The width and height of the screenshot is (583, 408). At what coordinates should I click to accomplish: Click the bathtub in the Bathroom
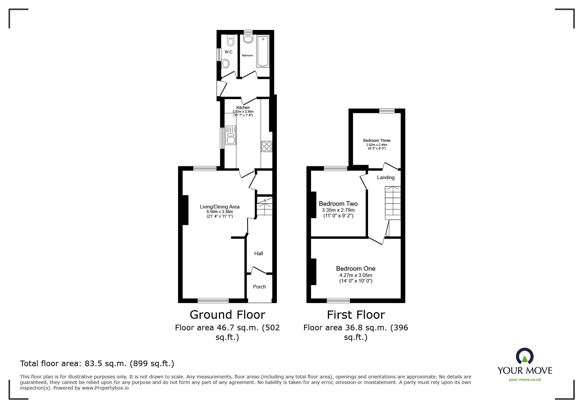pyautogui.click(x=263, y=52)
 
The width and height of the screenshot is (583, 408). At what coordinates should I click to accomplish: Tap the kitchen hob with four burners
pyautogui.click(x=266, y=146)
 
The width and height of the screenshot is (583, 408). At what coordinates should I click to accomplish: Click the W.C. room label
pyautogui.click(x=229, y=52)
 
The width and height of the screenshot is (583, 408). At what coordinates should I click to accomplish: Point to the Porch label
pyautogui.click(x=259, y=287)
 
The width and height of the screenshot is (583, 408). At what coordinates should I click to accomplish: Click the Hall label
pyautogui.click(x=258, y=254)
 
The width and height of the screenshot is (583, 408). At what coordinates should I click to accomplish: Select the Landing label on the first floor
pyautogui.click(x=385, y=177)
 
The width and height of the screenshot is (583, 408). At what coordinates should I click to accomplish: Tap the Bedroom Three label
pyautogui.click(x=377, y=141)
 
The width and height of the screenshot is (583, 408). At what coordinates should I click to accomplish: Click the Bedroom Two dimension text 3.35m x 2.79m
pyautogui.click(x=338, y=210)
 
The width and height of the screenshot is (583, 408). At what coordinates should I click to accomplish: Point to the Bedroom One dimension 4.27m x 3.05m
pyautogui.click(x=356, y=275)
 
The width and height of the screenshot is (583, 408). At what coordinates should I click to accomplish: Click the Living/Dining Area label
pyautogui.click(x=220, y=207)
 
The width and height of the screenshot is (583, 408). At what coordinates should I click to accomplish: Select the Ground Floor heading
pyautogui.click(x=227, y=315)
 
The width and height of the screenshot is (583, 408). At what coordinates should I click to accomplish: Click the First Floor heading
pyautogui.click(x=356, y=315)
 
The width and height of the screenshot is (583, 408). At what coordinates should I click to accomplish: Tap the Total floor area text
pyautogui.click(x=97, y=364)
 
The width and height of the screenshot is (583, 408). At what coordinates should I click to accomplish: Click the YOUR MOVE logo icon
pyautogui.click(x=524, y=357)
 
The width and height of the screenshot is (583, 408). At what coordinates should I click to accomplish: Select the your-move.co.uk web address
pyautogui.click(x=524, y=380)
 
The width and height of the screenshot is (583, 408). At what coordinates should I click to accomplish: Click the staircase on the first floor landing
pyautogui.click(x=393, y=203)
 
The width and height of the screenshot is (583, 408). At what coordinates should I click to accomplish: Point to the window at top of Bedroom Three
pyautogui.click(x=386, y=111)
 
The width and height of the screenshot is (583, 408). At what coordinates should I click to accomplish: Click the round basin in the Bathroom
pyautogui.click(x=248, y=40)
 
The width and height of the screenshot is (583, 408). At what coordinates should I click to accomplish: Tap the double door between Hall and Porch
pyautogui.click(x=259, y=271)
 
